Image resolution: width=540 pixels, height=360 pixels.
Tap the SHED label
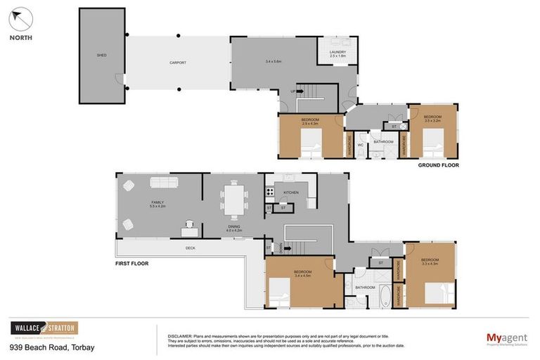point(101,55)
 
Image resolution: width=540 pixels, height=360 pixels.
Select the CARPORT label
point(178,63)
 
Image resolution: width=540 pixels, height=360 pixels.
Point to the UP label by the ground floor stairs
point(293,91)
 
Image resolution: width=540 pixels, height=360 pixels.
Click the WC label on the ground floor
point(360,145)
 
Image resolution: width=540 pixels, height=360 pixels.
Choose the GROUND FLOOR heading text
point(438,165)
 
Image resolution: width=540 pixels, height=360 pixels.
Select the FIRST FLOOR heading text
point(132,263)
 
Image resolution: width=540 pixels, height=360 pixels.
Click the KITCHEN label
point(291,192)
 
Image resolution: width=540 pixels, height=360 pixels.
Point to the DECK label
point(190,248)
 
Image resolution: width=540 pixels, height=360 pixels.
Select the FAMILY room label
point(157,204)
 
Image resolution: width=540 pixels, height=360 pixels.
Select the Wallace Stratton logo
point(44,328)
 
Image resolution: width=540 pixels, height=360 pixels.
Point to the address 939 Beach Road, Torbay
point(51,347)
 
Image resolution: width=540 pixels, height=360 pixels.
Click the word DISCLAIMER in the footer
point(180,336)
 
